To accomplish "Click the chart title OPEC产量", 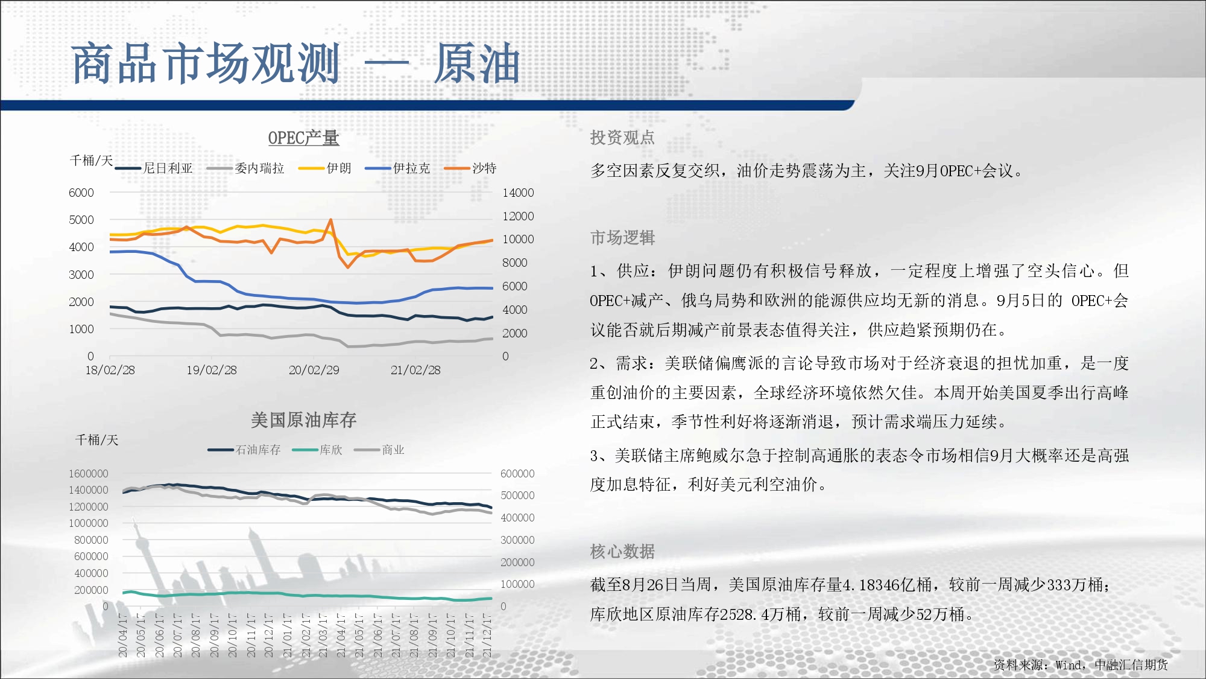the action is pyautogui.click(x=303, y=138).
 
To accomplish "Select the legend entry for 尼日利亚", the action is pyautogui.click(x=154, y=168).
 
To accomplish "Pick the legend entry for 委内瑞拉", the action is pyautogui.click(x=245, y=168).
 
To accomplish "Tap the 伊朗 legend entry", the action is pyautogui.click(x=325, y=168).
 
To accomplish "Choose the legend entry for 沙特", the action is pyautogui.click(x=470, y=168).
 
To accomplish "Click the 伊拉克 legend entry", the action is pyautogui.click(x=398, y=168).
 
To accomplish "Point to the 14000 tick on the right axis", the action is pyautogui.click(x=518, y=193).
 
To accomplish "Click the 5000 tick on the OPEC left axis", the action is pyautogui.click(x=81, y=220).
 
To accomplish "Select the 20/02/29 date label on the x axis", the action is pyautogui.click(x=314, y=370).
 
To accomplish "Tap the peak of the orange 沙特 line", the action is pyautogui.click(x=330, y=220).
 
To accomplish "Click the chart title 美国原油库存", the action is pyautogui.click(x=303, y=420).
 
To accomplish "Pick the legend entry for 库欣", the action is pyautogui.click(x=317, y=450).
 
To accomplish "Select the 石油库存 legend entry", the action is pyautogui.click(x=244, y=450).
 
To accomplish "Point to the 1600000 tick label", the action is pyautogui.click(x=88, y=474).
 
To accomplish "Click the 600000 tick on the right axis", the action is pyautogui.click(x=517, y=474).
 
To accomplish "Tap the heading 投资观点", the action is pyautogui.click(x=622, y=138).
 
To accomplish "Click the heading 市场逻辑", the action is pyautogui.click(x=622, y=238).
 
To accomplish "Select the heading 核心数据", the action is pyautogui.click(x=622, y=551).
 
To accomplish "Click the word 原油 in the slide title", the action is pyautogui.click(x=477, y=63).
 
